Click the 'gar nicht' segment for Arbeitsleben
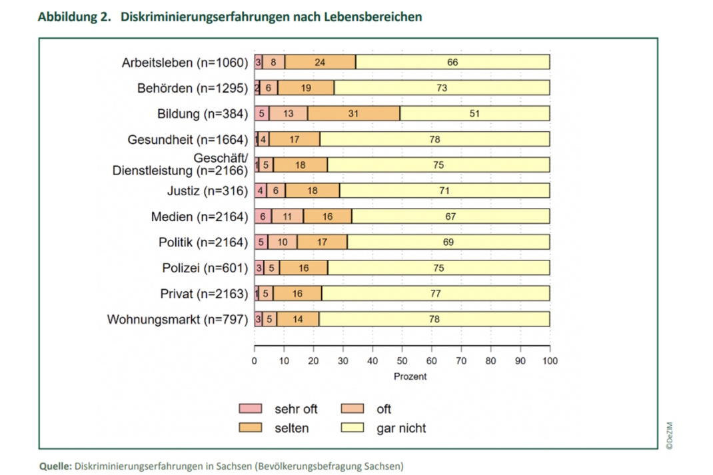point(452,63)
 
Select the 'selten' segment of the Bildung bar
point(354,114)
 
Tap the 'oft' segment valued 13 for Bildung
point(288,114)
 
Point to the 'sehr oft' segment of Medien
point(263,217)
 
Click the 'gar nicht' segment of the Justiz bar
point(444,191)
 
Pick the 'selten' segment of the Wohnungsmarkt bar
point(298,319)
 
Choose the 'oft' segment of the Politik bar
point(283,242)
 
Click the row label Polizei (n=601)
point(205,268)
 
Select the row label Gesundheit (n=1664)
point(187,140)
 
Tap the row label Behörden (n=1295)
point(192,88)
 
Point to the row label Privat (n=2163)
point(203,294)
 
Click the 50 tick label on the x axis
point(402,361)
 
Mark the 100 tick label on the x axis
point(550,361)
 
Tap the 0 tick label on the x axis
point(255,361)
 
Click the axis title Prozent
point(410,376)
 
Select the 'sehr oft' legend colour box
point(251,409)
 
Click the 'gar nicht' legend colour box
point(353,428)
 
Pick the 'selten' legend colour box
point(251,428)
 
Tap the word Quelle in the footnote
point(55,466)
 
